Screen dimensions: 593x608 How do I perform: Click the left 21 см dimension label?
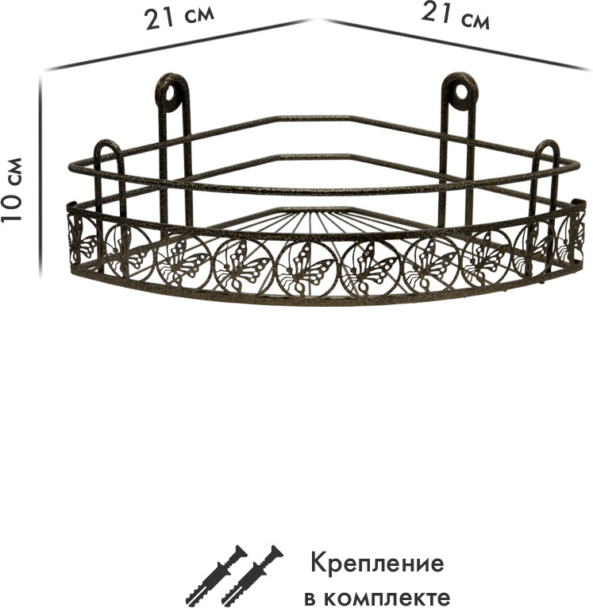[x=179, y=17]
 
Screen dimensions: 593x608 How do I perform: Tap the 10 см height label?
[x=12, y=190]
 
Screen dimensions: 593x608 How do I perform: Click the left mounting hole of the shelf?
[x=171, y=93]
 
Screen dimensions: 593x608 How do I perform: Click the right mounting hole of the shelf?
[x=461, y=92]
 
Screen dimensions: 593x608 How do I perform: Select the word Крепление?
[x=377, y=564]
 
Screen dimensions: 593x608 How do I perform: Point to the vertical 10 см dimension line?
[x=40, y=176]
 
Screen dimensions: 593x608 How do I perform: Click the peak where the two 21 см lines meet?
[x=317, y=19]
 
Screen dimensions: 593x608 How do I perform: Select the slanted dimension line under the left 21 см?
[x=178, y=45]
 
